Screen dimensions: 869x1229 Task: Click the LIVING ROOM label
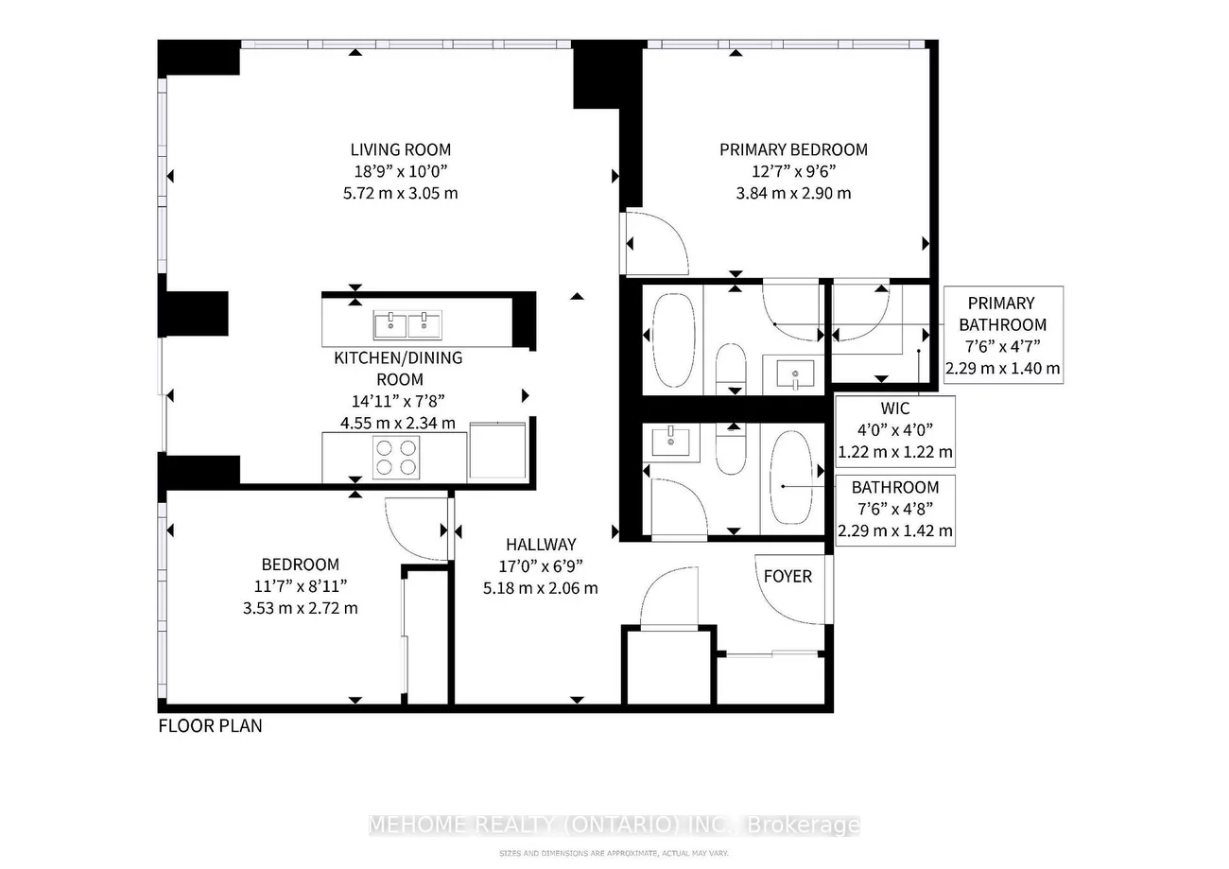pyautogui.click(x=400, y=149)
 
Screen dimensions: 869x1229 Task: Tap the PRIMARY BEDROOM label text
pyautogui.click(x=793, y=149)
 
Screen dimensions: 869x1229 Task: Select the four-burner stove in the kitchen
pyautogui.click(x=395, y=457)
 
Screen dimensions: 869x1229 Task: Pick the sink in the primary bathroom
pyautogui.click(x=794, y=373)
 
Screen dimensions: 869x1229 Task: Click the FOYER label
pyautogui.click(x=788, y=576)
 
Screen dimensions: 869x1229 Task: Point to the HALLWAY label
pyautogui.click(x=540, y=545)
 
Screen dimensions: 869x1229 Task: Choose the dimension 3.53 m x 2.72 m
pyautogui.click(x=300, y=608)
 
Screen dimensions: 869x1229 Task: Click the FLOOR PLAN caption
pyautogui.click(x=210, y=726)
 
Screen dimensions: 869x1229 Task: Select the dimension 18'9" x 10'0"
pyautogui.click(x=400, y=171)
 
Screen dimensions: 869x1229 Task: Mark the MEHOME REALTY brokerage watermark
pyautogui.click(x=614, y=825)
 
